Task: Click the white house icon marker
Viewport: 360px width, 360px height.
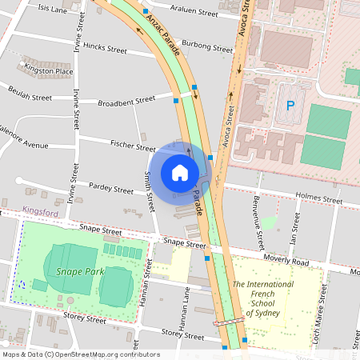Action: click(x=180, y=172)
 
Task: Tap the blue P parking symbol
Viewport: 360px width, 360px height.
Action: click(x=290, y=105)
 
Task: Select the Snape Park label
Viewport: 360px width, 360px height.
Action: click(x=75, y=271)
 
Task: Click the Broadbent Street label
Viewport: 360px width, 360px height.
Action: click(x=126, y=102)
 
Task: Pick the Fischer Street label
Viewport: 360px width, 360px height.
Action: click(x=134, y=147)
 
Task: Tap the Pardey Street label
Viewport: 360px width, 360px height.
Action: click(x=112, y=190)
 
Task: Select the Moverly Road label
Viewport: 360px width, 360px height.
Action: click(x=286, y=262)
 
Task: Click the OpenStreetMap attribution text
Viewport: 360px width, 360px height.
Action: click(x=80, y=354)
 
